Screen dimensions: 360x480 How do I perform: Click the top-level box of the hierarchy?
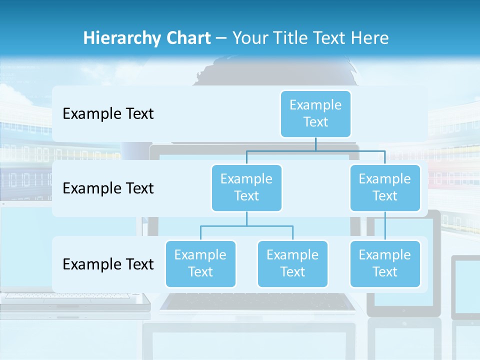pyautogui.click(x=315, y=113)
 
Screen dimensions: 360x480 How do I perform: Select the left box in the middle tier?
pyautogui.click(x=246, y=187)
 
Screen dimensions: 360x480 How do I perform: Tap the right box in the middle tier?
pyautogui.click(x=385, y=187)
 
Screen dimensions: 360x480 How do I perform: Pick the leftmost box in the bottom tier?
pyautogui.click(x=200, y=263)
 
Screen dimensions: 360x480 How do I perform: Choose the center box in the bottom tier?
pyautogui.click(x=292, y=263)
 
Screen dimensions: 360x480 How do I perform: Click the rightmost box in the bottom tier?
pyautogui.click(x=385, y=263)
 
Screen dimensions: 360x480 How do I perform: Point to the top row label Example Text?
pyautogui.click(x=108, y=114)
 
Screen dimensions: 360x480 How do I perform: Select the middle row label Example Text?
pyautogui.click(x=108, y=188)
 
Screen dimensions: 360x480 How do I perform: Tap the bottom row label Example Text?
pyautogui.click(x=108, y=264)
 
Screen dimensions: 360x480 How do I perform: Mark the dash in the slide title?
pyautogui.click(x=221, y=38)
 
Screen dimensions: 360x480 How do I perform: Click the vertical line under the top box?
pyautogui.click(x=315, y=144)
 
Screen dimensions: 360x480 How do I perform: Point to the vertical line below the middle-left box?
pyautogui.click(x=246, y=219)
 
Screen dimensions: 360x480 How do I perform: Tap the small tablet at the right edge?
pyautogui.click(x=466, y=287)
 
